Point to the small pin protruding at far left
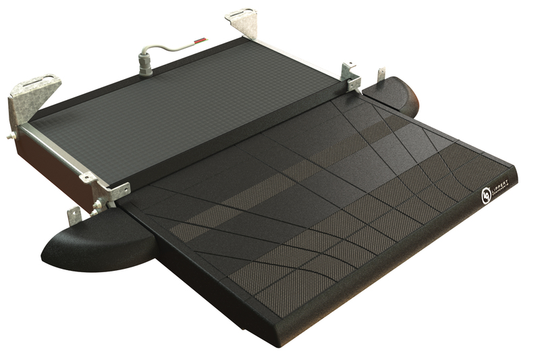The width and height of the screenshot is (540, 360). pyautogui.click(x=9, y=135)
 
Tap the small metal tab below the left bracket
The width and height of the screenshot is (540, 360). pyautogui.click(x=74, y=215)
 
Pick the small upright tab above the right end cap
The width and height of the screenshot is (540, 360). pyautogui.click(x=381, y=72)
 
